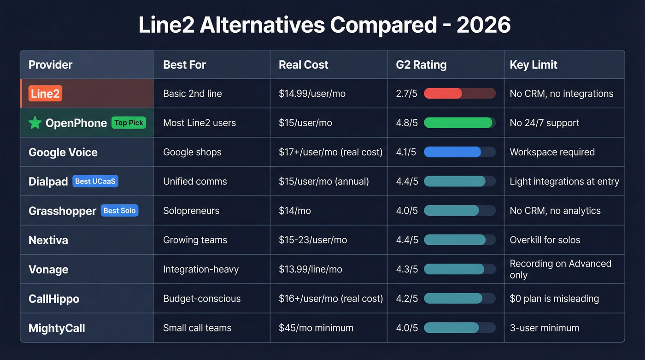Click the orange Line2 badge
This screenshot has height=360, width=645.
(x=45, y=94)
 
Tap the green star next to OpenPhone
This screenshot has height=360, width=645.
(x=35, y=123)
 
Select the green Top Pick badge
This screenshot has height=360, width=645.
(x=129, y=123)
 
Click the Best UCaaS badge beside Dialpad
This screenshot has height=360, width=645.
(x=95, y=181)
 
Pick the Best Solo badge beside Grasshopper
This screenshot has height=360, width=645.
(x=119, y=211)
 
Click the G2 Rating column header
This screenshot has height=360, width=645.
(x=421, y=65)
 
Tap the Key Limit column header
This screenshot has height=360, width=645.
(x=534, y=65)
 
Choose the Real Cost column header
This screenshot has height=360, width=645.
(x=303, y=65)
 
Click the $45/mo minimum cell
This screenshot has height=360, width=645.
(x=316, y=328)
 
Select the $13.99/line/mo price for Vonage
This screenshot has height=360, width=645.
(x=311, y=269)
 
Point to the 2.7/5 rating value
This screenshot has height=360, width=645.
(x=407, y=94)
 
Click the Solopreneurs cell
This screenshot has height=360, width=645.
(x=191, y=211)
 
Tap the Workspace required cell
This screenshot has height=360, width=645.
(x=552, y=152)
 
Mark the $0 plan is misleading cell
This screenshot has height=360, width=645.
(x=554, y=298)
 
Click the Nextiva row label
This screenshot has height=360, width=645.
(x=48, y=240)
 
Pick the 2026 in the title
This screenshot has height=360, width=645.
(x=483, y=25)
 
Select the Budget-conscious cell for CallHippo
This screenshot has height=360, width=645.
(x=202, y=298)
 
